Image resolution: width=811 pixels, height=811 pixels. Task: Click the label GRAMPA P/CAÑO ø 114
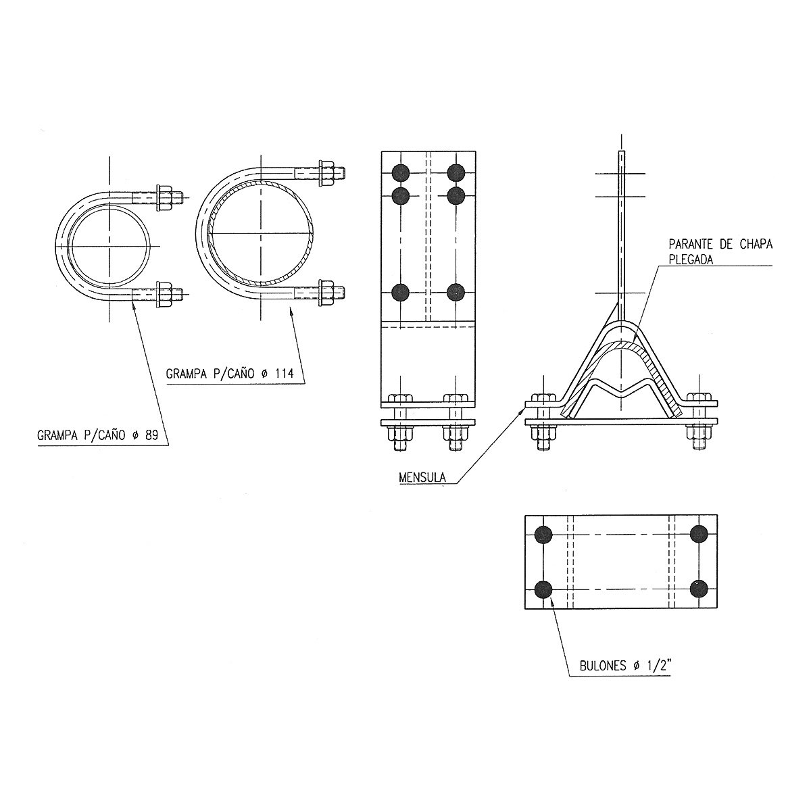click(x=230, y=373)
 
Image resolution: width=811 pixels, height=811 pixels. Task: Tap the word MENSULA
click(x=422, y=477)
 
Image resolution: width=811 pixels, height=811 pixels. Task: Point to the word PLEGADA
click(x=691, y=260)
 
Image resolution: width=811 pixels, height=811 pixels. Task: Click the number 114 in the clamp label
click(x=284, y=373)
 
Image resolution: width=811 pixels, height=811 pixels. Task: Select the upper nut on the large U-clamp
click(x=326, y=173)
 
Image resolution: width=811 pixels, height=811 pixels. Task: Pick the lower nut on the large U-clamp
click(x=326, y=293)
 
